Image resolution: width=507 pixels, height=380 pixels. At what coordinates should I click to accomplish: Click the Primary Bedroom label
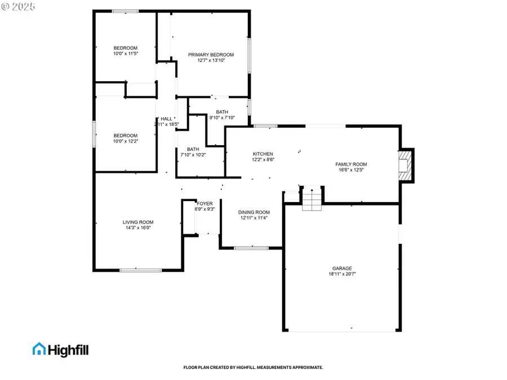211,55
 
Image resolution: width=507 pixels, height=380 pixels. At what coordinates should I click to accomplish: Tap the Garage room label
342,269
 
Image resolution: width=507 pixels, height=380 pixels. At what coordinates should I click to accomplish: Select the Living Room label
138,222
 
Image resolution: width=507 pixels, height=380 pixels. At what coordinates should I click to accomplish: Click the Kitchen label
263,154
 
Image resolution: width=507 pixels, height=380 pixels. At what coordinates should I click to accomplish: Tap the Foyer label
204,203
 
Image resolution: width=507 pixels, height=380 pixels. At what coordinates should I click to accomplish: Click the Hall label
166,119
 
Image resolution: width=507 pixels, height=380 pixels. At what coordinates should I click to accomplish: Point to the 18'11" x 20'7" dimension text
342,274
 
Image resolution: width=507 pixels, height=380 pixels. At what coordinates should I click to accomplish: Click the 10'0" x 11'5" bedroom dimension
126,53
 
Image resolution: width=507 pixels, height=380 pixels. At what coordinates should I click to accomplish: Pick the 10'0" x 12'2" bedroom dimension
126,141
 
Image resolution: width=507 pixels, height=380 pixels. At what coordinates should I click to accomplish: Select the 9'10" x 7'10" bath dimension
222,118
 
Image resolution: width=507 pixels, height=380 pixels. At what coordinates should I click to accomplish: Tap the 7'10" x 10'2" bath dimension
193,155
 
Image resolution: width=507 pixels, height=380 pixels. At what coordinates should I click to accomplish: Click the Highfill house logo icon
39,349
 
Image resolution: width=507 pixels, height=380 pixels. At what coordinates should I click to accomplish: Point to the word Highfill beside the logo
67,350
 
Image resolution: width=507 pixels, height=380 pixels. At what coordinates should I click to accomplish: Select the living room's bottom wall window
136,271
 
